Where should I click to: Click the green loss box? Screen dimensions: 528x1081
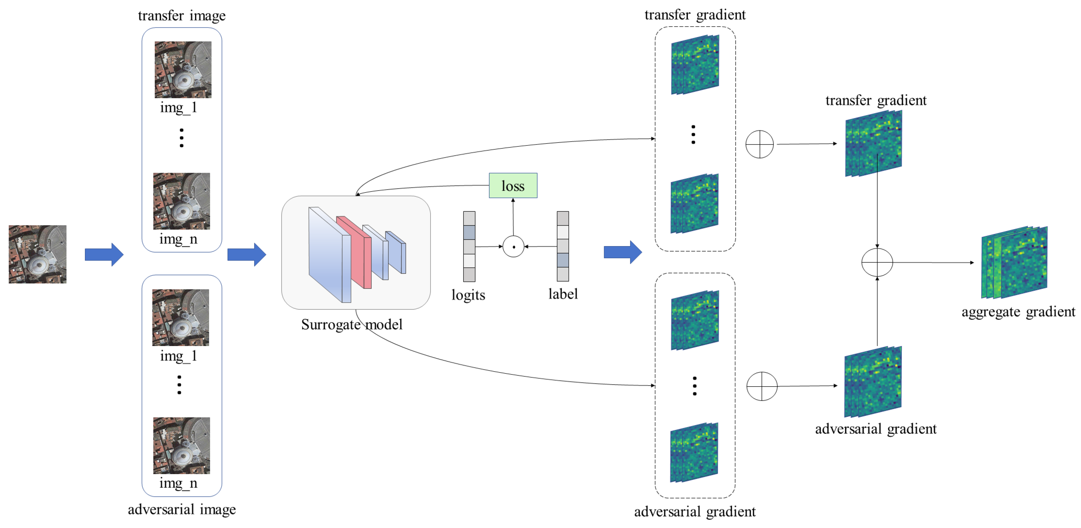513,185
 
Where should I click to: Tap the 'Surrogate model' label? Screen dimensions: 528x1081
352,324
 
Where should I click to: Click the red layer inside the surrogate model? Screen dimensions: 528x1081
355,252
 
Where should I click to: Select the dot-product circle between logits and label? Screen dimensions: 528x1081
513,246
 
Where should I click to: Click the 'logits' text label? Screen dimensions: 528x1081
468,295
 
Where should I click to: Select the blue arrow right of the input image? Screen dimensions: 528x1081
104,254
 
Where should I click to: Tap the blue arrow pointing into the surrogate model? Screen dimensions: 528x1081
246,254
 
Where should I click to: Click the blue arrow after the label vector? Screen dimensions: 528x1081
622,252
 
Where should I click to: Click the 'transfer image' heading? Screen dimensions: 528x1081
182,16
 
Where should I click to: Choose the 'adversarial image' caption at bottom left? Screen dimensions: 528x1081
182,509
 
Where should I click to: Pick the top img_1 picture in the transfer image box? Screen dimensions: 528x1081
183,69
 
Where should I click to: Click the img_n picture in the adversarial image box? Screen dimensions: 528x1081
181,445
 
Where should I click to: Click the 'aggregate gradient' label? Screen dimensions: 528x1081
1018,312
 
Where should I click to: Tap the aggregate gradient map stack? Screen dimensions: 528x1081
1014,262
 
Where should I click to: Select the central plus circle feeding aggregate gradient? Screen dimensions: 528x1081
877,262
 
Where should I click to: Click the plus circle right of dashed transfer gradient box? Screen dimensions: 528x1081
759,144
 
